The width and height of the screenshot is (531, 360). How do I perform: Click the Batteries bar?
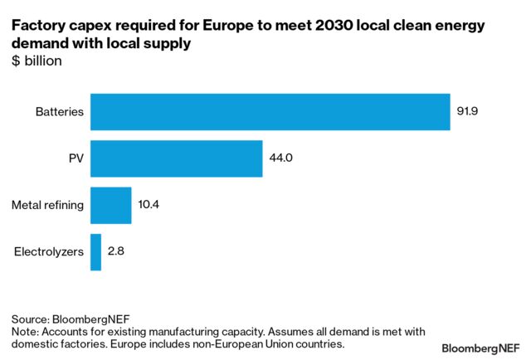[x=270, y=112]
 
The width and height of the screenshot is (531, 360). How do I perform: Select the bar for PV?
[x=176, y=158]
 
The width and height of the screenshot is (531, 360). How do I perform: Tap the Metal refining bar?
[x=110, y=205]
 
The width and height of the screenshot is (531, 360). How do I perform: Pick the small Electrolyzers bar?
[x=95, y=251]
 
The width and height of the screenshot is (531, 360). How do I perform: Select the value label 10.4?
[x=150, y=204]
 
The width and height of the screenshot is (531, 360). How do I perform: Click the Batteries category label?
[x=59, y=112]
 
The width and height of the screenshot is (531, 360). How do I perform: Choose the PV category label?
[x=76, y=158]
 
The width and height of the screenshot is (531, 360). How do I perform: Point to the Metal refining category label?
[x=47, y=205]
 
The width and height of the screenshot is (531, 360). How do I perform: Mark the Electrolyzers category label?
[x=48, y=251]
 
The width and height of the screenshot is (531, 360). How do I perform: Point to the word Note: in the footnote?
[x=25, y=331]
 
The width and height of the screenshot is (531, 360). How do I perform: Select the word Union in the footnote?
[x=271, y=343]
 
